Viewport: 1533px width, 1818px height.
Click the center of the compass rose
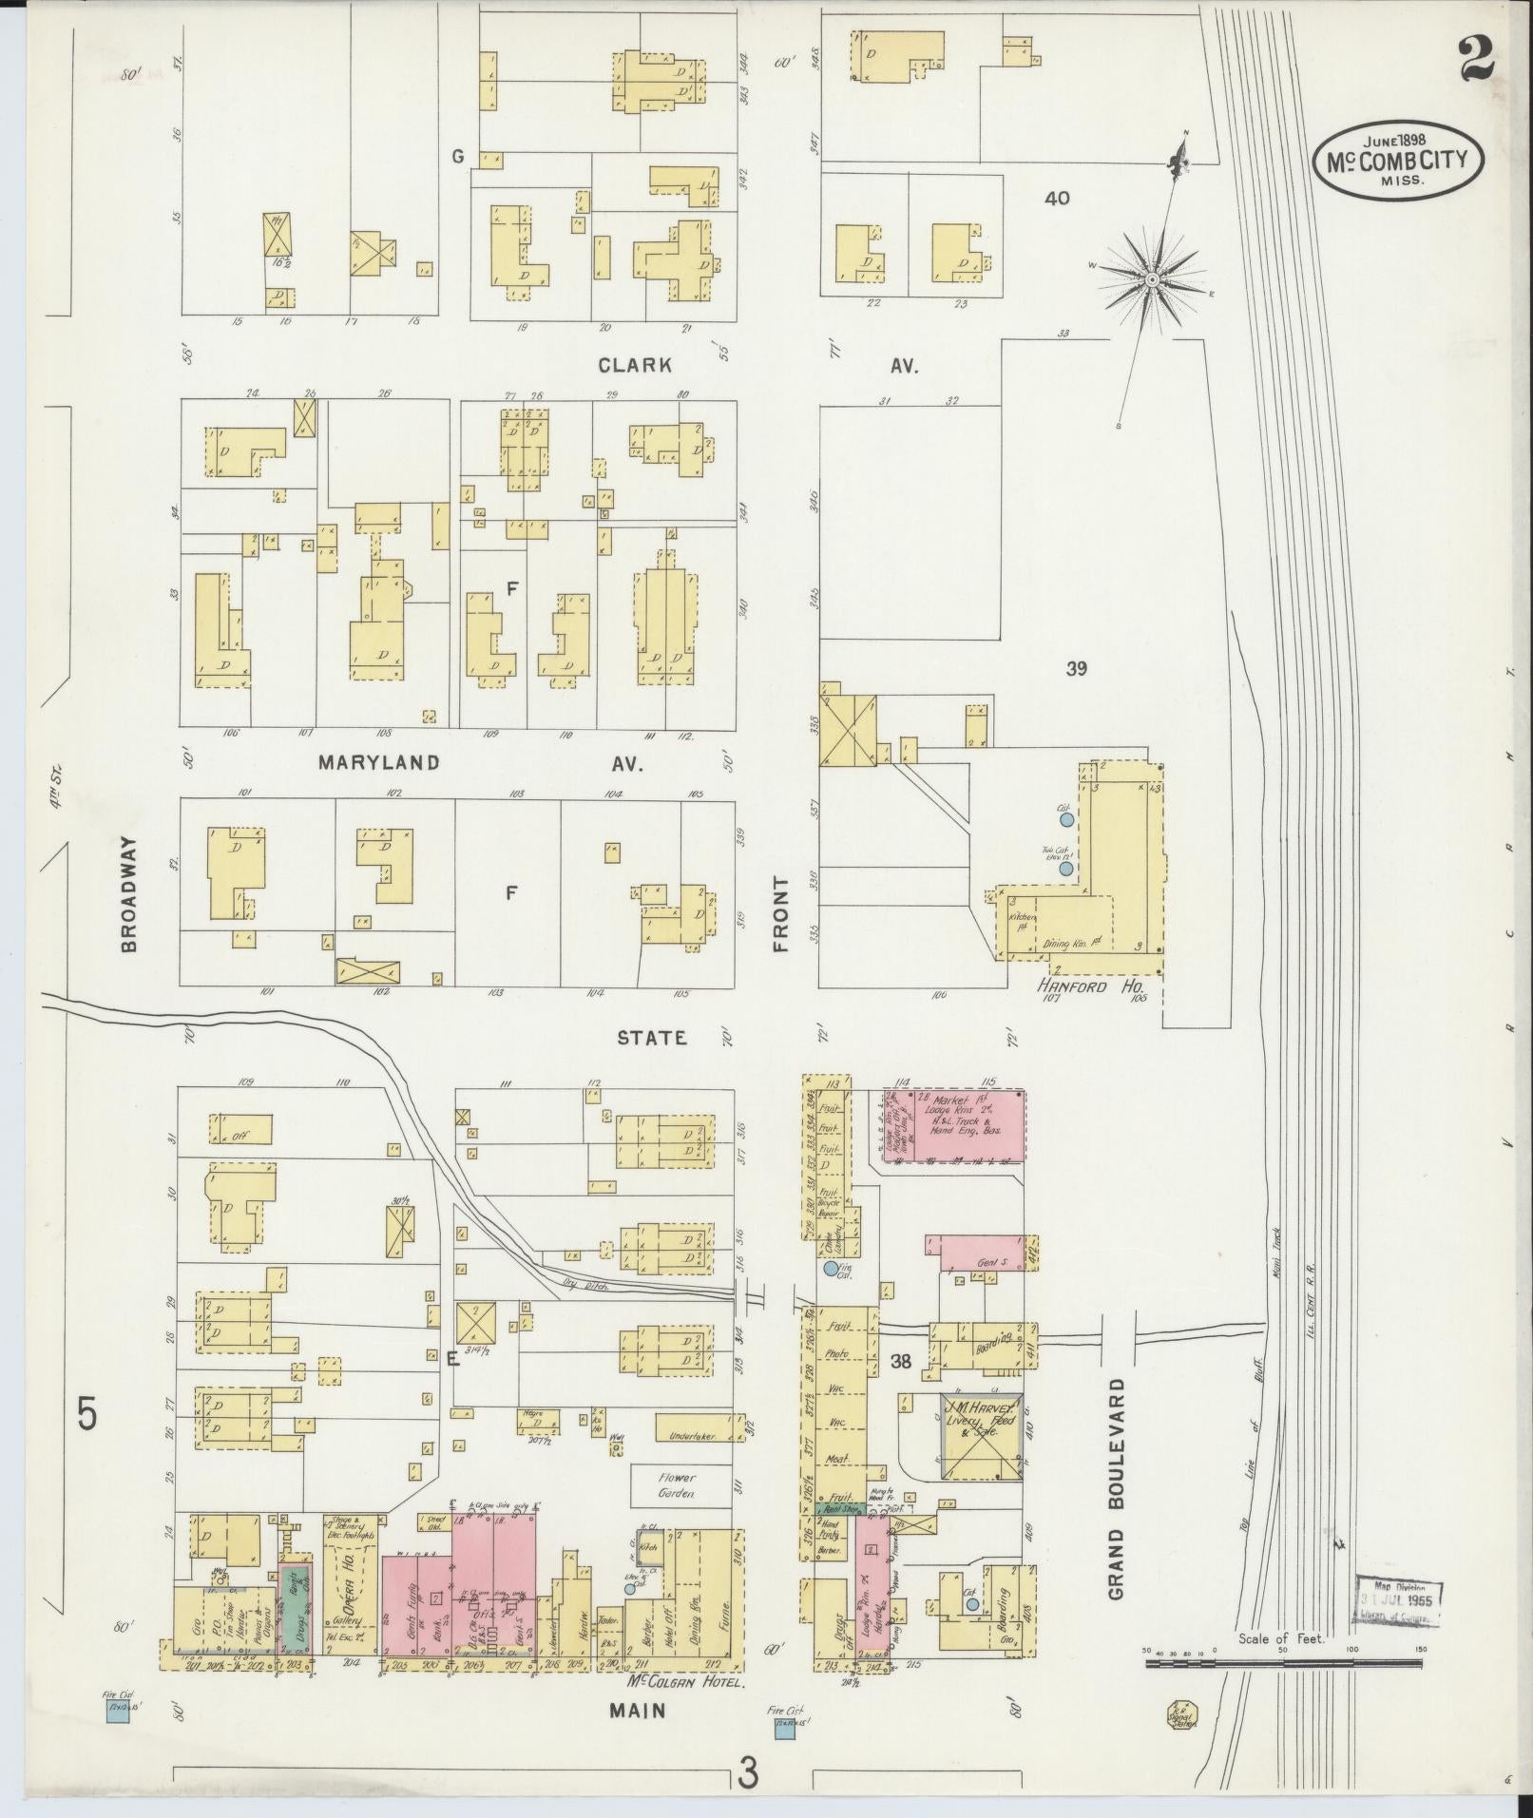click(x=1151, y=278)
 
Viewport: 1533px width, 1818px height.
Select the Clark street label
click(x=636, y=365)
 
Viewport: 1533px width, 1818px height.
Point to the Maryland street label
click(x=379, y=762)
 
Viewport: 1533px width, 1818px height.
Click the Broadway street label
click(x=129, y=893)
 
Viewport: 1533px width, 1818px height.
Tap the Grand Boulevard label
click(x=1116, y=1502)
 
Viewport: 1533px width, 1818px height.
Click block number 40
click(x=1057, y=199)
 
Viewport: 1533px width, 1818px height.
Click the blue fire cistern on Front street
click(x=831, y=1269)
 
